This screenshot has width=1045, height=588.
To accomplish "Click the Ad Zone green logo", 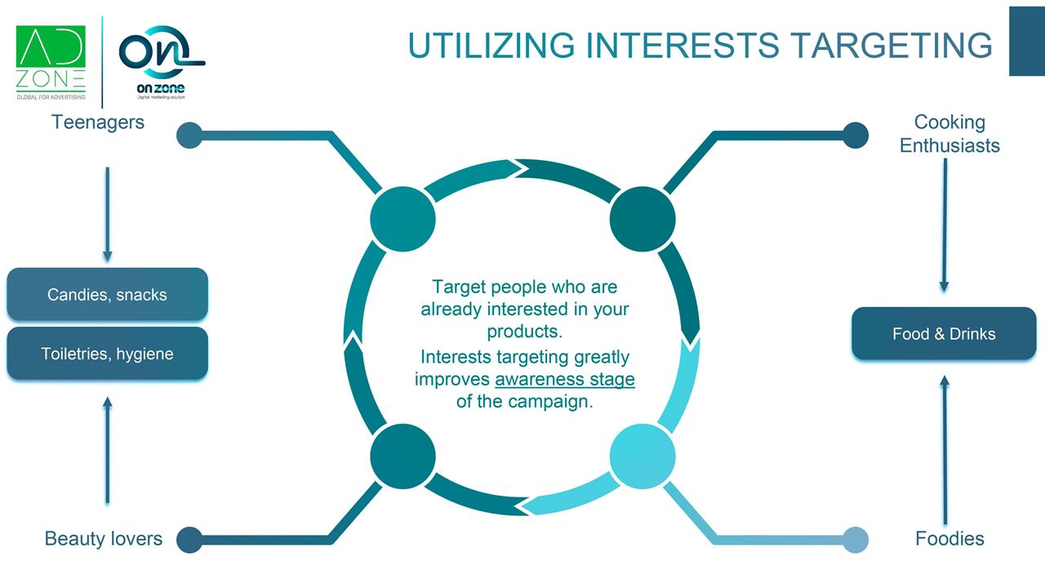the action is (x=51, y=62).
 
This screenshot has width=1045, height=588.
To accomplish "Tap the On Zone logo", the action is (x=162, y=62).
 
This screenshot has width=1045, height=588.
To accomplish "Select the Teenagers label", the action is (x=97, y=122).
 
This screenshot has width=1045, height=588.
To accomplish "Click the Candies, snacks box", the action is (x=107, y=295).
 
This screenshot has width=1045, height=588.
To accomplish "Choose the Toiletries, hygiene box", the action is (x=107, y=354).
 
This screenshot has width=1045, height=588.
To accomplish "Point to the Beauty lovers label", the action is (x=103, y=538).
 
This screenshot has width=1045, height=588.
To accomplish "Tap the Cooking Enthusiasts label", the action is (x=949, y=134).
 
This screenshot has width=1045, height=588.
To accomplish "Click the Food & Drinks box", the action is (x=944, y=334).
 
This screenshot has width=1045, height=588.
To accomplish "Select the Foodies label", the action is (x=949, y=538).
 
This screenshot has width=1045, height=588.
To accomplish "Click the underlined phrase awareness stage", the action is (x=564, y=379).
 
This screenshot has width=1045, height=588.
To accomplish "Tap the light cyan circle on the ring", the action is (x=643, y=456).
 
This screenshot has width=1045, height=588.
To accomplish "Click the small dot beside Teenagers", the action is (x=189, y=136).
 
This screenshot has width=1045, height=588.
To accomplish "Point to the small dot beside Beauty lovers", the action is (x=189, y=540).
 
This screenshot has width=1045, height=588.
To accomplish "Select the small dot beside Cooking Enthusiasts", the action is (x=856, y=136).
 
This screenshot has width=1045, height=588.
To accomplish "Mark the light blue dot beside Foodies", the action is (x=856, y=540).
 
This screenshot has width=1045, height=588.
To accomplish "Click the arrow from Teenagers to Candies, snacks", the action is (x=107, y=214).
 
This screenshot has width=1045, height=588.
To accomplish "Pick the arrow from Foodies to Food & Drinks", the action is (x=945, y=450).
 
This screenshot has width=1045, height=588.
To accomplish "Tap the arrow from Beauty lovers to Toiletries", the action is (x=107, y=450).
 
